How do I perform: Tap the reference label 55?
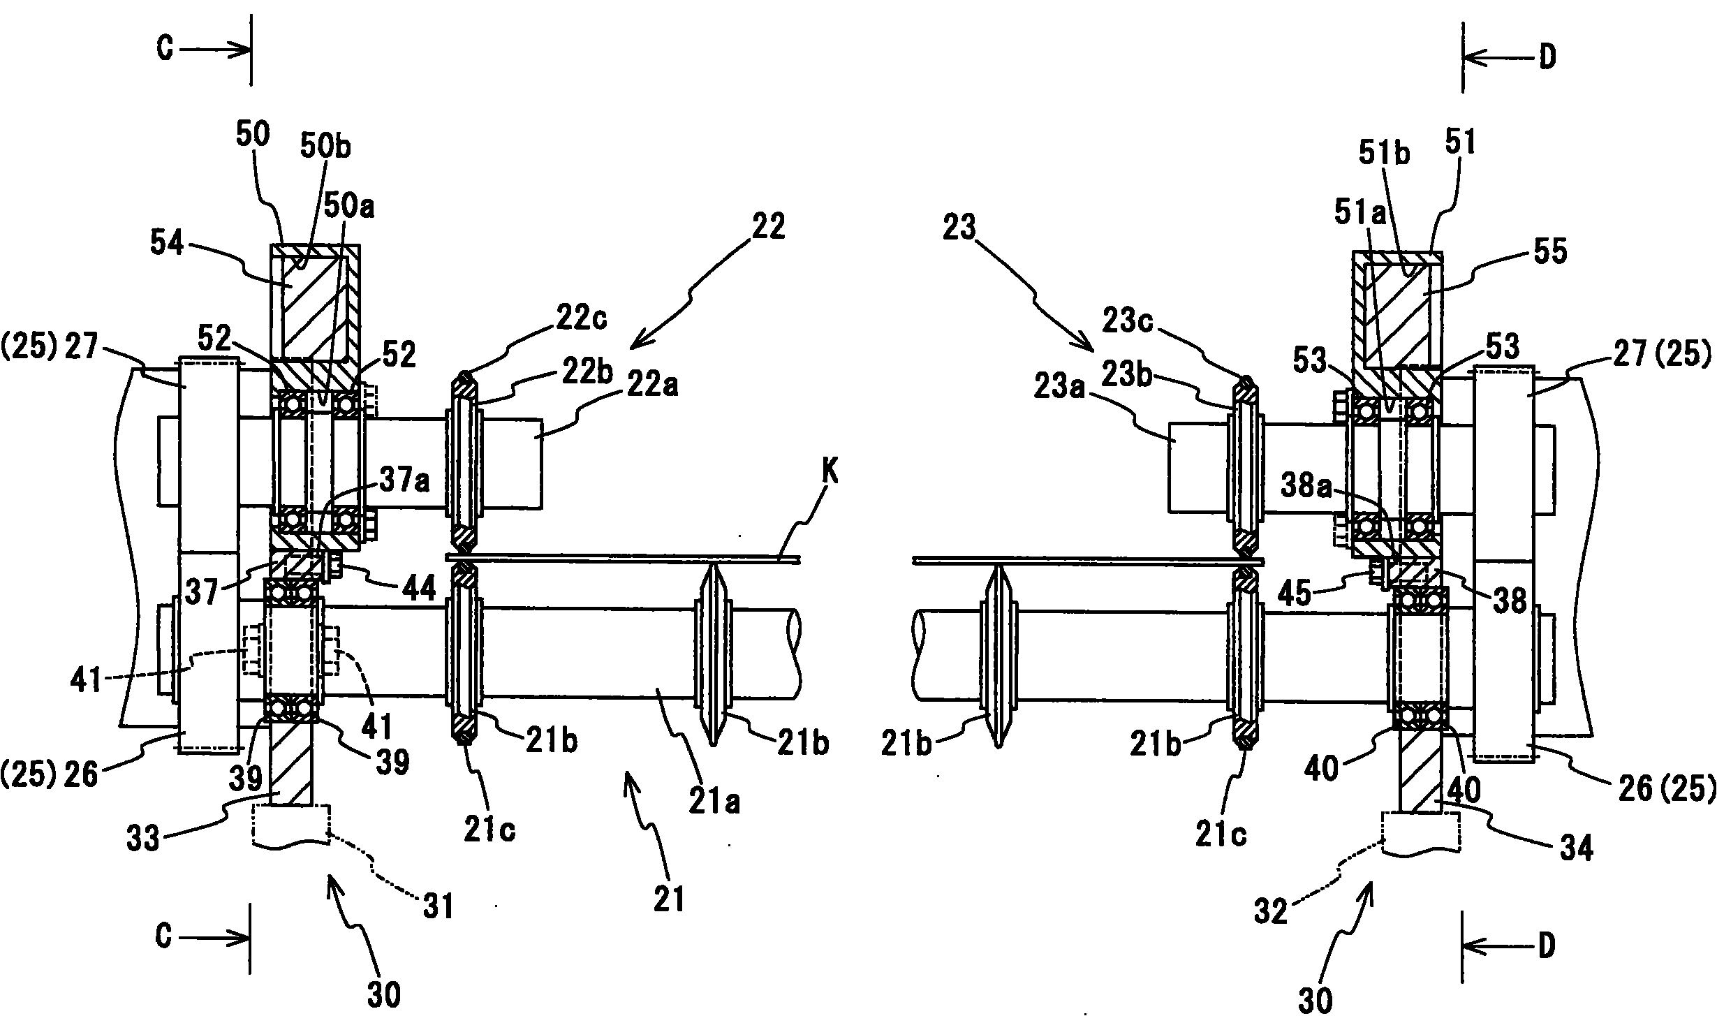coord(1548,252)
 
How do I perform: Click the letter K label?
coord(830,474)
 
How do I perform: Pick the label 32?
coord(1269,911)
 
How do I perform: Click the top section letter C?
coord(165,50)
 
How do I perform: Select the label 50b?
coord(326,147)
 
